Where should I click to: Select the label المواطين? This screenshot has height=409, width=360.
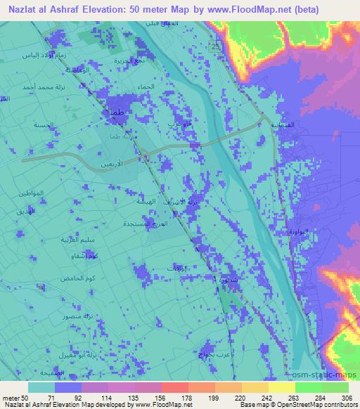pyautogui.click(x=31, y=193)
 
